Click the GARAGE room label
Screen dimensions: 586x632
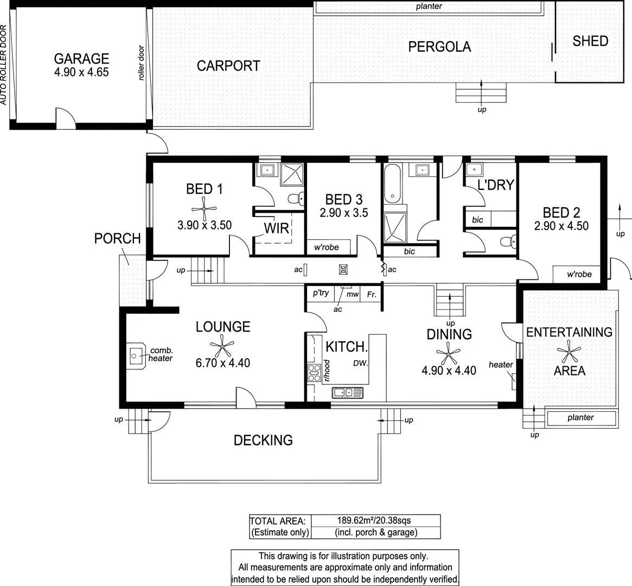pos(81,59)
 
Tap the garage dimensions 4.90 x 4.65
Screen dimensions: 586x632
pos(81,72)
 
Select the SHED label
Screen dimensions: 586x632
pos(590,41)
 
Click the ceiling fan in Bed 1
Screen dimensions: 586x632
pos(204,207)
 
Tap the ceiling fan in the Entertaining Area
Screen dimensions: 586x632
pos(569,351)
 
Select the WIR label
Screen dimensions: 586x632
pos(276,228)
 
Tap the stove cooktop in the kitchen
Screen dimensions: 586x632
pos(314,373)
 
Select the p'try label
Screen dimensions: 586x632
pos(321,293)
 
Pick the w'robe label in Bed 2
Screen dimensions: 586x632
pos(579,274)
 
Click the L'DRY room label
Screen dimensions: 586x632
pos(495,185)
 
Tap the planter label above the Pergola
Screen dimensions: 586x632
pos(429,7)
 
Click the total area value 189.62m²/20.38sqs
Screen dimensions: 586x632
pos(375,520)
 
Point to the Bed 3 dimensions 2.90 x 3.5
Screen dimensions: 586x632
pos(343,213)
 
